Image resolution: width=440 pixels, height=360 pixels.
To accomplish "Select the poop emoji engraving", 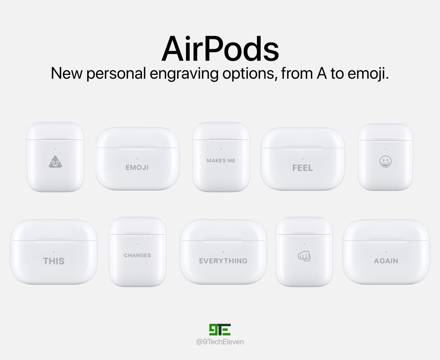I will coord(55,161).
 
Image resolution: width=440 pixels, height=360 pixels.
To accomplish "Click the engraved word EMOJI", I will coord(137,168).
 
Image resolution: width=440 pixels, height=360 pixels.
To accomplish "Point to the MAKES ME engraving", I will coord(221,160).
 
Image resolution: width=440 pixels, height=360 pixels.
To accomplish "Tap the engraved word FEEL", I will coord(302,168).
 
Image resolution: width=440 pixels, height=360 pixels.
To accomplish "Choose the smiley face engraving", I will coord(385,161).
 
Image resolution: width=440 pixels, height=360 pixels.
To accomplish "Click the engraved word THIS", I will coord(54,261).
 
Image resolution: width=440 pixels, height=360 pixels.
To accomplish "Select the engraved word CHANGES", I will coord(137,255).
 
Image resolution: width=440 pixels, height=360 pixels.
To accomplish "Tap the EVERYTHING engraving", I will coord(223,261).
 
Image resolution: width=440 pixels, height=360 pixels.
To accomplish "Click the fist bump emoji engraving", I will coord(304,256).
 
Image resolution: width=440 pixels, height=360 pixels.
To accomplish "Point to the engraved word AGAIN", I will coord(386,261).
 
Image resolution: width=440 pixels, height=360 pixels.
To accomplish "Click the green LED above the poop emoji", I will coord(55,149).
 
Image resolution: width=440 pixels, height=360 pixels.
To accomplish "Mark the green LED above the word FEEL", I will coord(302,159).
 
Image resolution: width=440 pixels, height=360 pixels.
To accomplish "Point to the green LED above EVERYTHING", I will coord(223,252).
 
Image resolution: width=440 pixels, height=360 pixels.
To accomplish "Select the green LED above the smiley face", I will coord(385,149).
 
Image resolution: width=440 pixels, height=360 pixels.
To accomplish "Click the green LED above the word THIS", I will coord(54,252).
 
